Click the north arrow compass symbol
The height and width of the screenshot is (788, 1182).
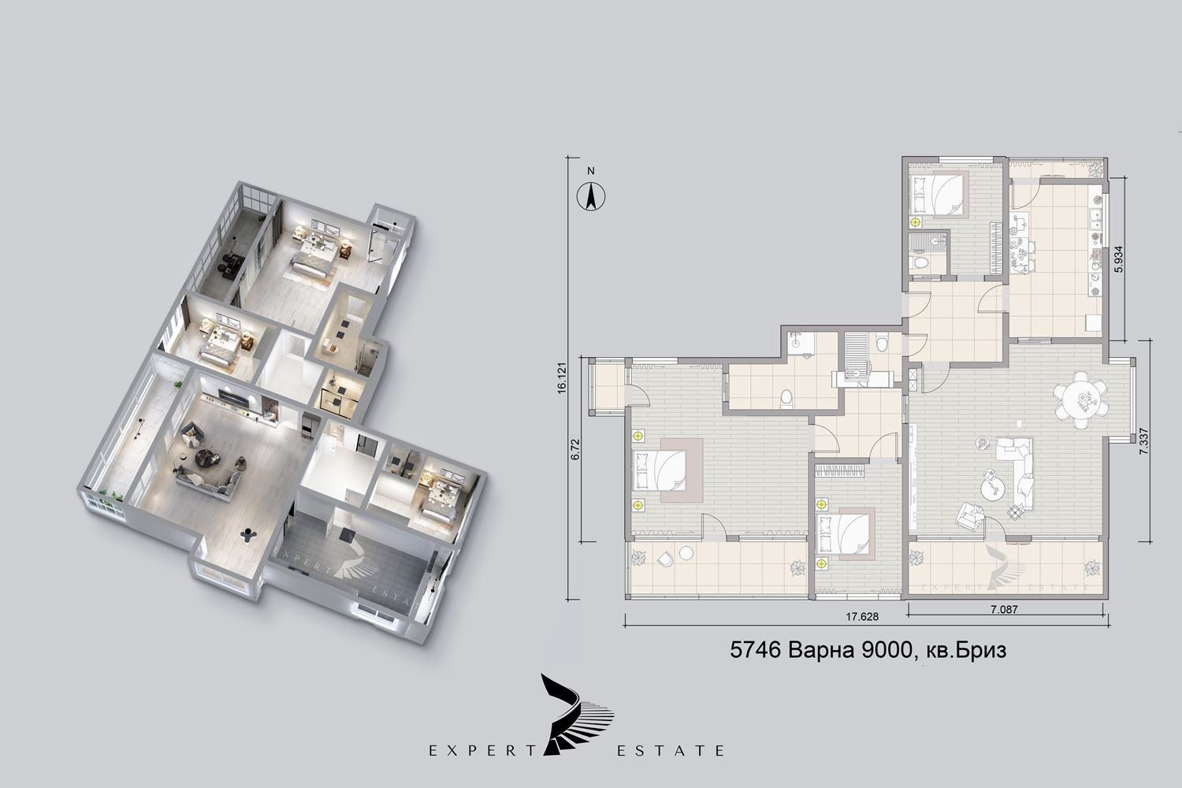point(591,196)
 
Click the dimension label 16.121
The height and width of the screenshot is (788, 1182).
point(561,377)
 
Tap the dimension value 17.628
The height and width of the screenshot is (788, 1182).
point(862,616)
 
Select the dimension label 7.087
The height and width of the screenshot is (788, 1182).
point(1004,609)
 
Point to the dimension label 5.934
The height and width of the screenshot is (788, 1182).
point(1118,260)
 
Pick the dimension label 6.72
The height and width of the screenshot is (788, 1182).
point(575,449)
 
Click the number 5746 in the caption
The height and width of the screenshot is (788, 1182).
point(755,650)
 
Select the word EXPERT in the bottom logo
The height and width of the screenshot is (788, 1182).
point(482,750)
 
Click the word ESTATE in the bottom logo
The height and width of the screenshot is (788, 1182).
point(671,750)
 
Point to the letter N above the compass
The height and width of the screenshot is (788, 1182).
point(591,171)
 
